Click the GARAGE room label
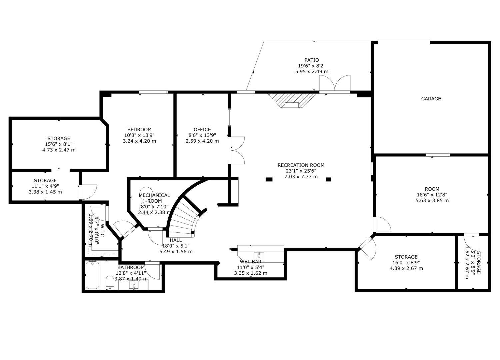431,99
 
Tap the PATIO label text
311,60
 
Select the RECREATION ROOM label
301,165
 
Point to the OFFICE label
202,129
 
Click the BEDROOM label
139,129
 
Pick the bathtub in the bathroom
92,275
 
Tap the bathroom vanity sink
134,285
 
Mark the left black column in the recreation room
269,179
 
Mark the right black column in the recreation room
328,179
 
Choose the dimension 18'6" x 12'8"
432,195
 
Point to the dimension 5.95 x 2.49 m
311,71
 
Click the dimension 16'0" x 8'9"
406,263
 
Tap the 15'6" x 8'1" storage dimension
59,144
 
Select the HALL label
176,240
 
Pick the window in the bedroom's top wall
153,92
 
